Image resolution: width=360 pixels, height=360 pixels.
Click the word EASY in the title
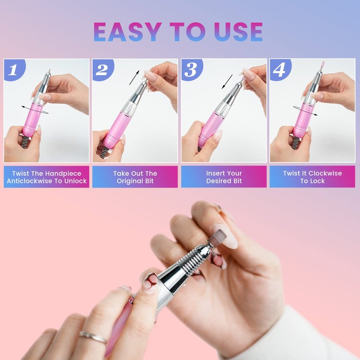[x=127, y=31]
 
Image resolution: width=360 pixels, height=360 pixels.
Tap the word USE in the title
[x=238, y=31]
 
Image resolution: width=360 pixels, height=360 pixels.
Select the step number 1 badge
[x=14, y=70]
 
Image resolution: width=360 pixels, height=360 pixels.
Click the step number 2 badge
[x=103, y=70]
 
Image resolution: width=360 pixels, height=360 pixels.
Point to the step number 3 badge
[x=192, y=70]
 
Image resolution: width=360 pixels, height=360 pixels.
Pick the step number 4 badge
[x=280, y=70]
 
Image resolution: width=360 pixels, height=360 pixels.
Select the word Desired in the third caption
[x=216, y=181]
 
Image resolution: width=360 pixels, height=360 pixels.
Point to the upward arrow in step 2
[x=134, y=77]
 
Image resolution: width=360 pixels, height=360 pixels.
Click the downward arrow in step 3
[x=227, y=81]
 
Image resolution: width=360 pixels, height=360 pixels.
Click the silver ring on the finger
[x=94, y=337]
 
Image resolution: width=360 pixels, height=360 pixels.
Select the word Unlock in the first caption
[x=75, y=181]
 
